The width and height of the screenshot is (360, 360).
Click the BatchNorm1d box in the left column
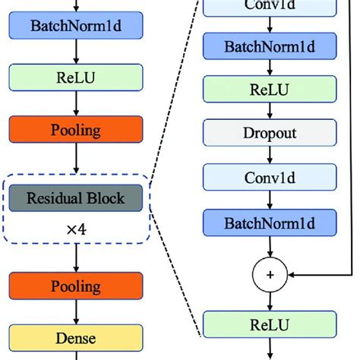click(75, 27)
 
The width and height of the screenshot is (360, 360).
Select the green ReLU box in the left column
click(75, 77)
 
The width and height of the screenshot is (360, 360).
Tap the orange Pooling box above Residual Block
click(75, 128)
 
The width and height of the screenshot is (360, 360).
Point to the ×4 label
click(75, 226)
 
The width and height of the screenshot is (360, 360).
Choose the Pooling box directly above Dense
click(75, 286)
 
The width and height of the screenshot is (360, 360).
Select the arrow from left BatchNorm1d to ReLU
click(75, 52)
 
